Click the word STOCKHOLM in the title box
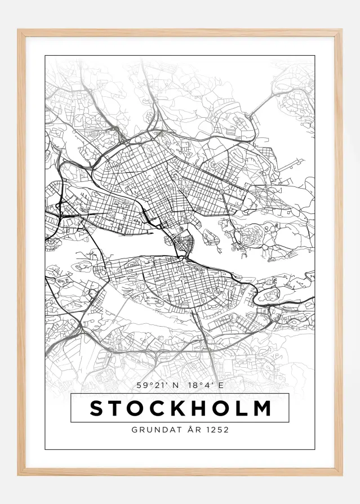tap(180, 408)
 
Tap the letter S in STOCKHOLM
tap(97, 408)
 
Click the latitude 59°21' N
tap(159, 386)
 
